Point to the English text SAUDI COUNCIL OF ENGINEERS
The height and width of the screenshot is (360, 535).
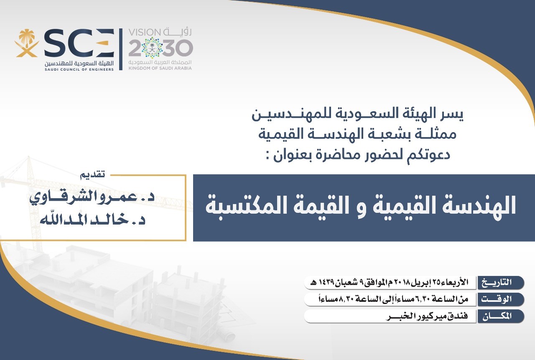coord(79,69)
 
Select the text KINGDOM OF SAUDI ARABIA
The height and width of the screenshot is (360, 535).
coord(160,68)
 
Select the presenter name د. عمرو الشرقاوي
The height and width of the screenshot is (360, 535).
coord(92,197)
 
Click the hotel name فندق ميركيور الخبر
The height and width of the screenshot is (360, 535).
coord(427,316)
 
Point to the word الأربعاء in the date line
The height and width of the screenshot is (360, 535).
coord(456,282)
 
